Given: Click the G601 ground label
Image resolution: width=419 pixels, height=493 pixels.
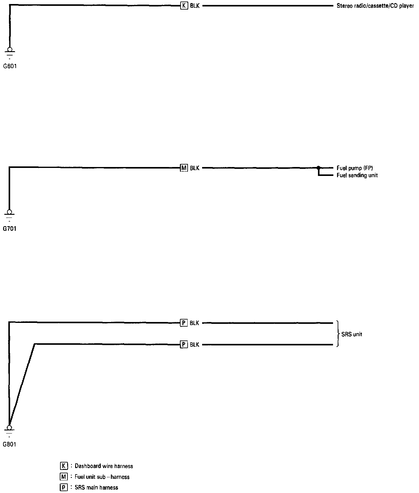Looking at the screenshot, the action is (10, 66).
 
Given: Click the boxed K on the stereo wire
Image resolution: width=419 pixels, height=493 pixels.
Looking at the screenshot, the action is (184, 6).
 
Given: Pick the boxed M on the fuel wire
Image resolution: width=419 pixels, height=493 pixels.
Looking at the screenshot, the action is (184, 168).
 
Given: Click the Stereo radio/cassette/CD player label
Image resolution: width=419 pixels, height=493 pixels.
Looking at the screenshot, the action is (375, 6).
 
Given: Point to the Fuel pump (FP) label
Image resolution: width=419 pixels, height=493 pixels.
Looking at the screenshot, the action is (355, 168).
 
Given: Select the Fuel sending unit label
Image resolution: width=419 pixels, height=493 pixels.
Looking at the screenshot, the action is (357, 175).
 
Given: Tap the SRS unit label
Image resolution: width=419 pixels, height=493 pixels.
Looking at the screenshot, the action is (352, 334).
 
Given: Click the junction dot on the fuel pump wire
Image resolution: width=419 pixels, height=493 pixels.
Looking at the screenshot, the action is (319, 168).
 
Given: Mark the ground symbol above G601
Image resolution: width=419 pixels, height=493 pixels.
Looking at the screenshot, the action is (10, 52).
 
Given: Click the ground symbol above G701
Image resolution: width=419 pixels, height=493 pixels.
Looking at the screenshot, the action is (10, 215).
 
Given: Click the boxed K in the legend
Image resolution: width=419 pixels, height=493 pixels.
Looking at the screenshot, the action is (64, 466).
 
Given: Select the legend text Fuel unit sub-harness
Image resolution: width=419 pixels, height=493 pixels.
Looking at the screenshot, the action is (102, 477).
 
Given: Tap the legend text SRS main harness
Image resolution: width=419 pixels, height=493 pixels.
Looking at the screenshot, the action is (96, 487).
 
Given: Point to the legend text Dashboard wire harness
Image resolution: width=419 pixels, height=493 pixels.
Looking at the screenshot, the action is (104, 466).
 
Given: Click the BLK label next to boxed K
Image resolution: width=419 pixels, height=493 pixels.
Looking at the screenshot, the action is (195, 6).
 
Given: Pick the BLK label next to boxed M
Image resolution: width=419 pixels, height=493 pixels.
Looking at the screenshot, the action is (194, 168).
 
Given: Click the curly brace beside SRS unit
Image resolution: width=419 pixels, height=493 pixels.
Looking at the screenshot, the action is (338, 334).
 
